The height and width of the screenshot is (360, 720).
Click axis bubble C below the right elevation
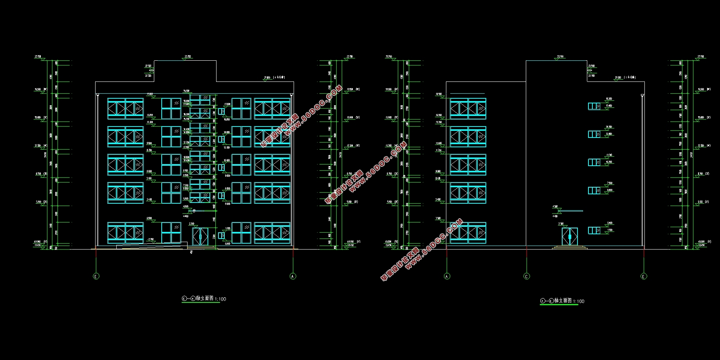point(527,276)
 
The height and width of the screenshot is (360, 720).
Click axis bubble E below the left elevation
point(96,276)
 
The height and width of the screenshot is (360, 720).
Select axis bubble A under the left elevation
point(293,276)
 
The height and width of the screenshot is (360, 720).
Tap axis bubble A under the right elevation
point(447,276)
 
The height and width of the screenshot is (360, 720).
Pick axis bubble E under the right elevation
point(644,276)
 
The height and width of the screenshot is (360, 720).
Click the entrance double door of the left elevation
point(200,236)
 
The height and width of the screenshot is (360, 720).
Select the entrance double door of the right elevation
point(570,237)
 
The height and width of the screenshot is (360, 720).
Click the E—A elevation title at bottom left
point(204,299)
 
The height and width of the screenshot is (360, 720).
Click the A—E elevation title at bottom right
point(562,301)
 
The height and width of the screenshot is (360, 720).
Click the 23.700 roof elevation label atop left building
point(188,57)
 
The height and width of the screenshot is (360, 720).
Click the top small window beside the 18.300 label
point(594,106)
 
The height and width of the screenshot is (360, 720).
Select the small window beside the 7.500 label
point(594,190)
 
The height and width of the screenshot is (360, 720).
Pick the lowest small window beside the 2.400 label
point(594,231)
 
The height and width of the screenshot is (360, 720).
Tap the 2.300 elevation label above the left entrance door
point(191,224)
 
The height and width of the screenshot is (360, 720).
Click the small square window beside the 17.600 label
point(221,111)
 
